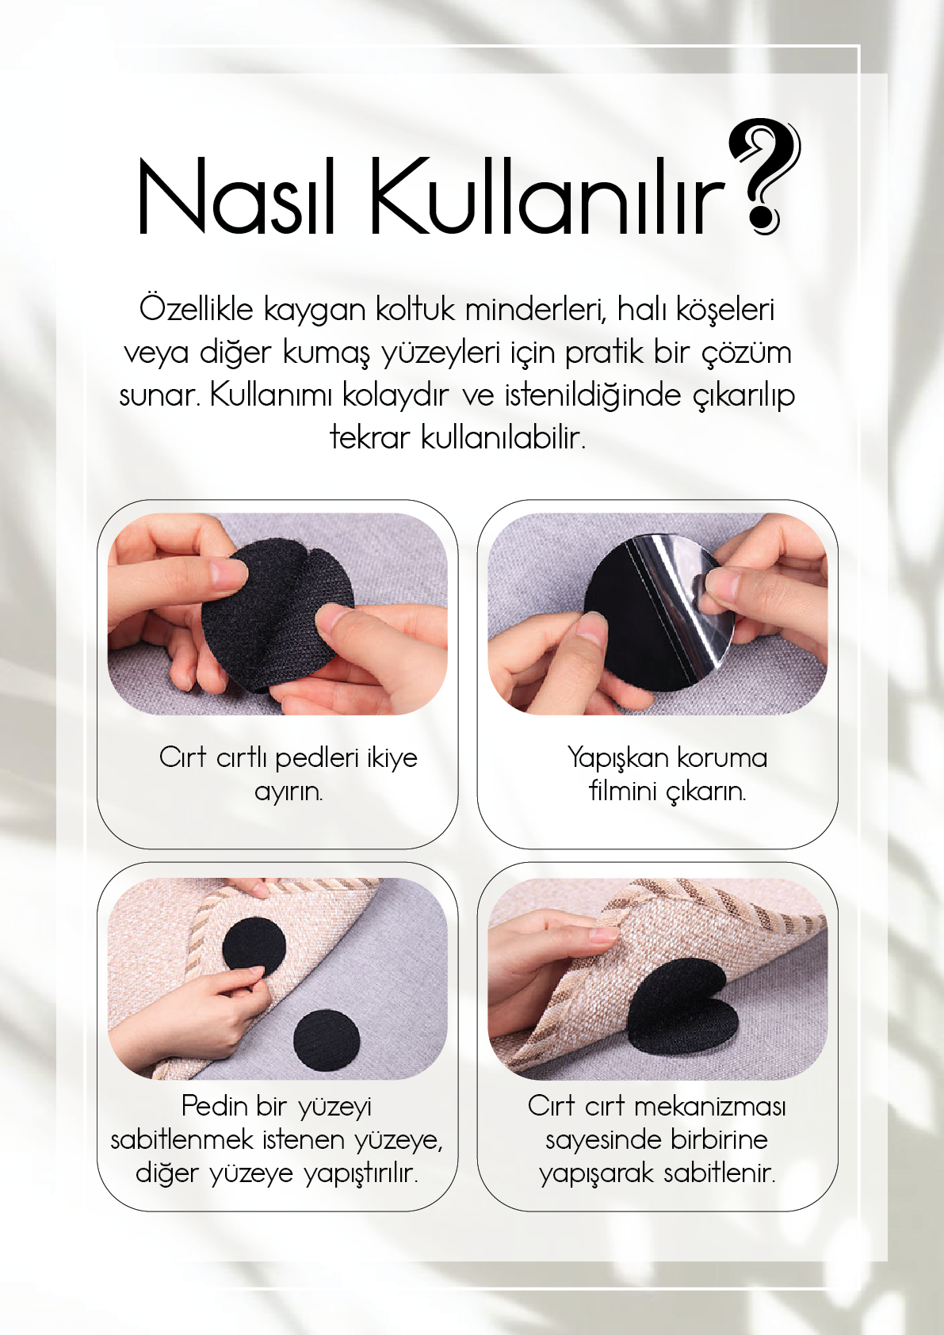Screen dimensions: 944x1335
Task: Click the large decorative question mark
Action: click(762, 177)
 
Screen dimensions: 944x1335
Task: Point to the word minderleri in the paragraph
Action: click(536, 309)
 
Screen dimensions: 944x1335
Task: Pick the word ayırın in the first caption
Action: click(289, 792)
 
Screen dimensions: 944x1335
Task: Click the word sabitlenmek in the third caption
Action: click(182, 1139)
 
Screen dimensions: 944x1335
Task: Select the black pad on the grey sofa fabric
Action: click(327, 1038)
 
